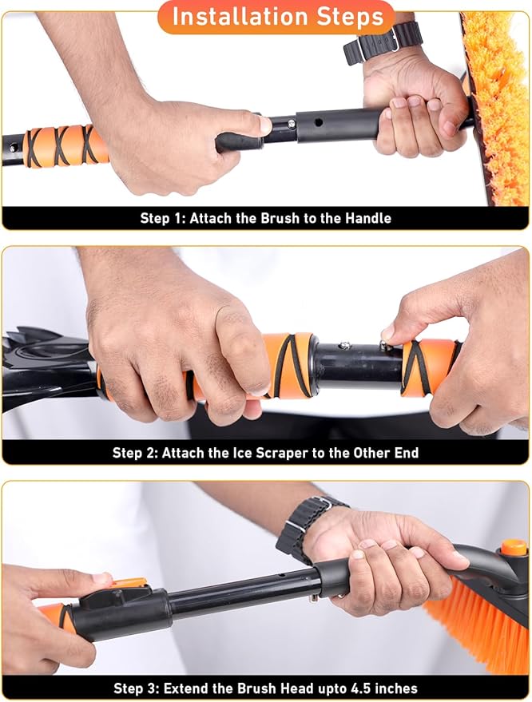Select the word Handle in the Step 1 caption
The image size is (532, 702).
[x=366, y=218]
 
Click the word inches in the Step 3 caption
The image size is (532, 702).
[x=395, y=688]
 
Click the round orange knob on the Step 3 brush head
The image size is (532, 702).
[x=514, y=547]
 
